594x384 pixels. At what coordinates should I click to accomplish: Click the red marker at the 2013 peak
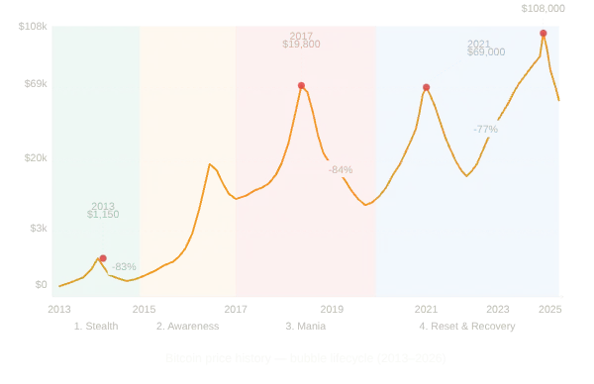[102, 258]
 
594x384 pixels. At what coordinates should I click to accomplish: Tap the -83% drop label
[124, 266]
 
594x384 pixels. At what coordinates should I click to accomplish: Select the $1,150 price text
[103, 214]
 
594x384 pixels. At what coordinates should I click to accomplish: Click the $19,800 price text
[301, 44]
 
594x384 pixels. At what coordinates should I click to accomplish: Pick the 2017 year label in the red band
[301, 35]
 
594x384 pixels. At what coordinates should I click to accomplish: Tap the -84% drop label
[341, 169]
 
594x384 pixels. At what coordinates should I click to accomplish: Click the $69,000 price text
[485, 51]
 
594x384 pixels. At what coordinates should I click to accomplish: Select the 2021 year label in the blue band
[478, 43]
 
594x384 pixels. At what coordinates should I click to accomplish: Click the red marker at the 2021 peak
[426, 87]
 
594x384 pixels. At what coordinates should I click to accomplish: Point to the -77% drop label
[485, 129]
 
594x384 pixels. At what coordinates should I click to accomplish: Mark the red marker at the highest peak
[544, 34]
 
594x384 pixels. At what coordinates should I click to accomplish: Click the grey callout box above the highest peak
[543, 9]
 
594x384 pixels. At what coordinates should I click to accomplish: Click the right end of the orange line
[560, 100]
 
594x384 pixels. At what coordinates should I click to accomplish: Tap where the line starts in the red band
[238, 198]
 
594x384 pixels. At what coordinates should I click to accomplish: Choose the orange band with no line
[188, 158]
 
